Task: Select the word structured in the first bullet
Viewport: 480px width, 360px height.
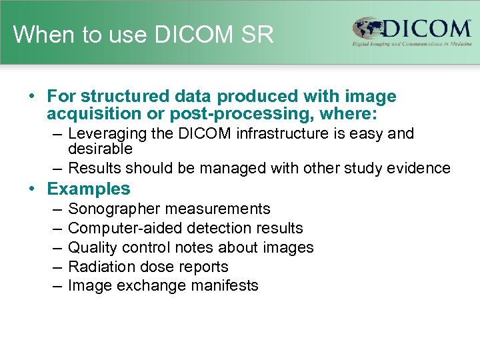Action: tap(115, 97)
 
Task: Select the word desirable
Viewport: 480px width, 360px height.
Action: tap(100, 149)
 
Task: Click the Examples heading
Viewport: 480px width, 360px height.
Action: tap(89, 189)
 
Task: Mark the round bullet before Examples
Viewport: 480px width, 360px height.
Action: tap(32, 189)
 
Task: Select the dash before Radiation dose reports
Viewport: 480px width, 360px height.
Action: tap(57, 267)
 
